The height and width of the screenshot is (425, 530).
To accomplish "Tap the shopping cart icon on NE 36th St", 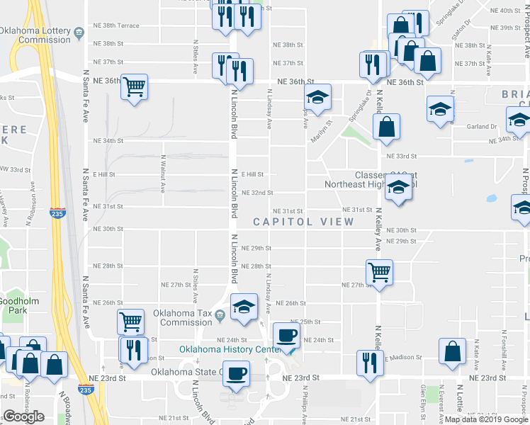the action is coord(134,87).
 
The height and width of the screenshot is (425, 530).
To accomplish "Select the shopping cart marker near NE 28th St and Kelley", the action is coord(380,271).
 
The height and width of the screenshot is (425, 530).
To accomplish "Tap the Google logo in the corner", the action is coord(23,416).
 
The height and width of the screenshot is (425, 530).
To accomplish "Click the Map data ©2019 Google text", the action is coord(487,419).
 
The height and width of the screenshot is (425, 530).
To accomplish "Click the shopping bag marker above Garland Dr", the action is coord(387,127).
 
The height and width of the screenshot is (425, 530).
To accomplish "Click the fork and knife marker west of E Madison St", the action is coord(368,361).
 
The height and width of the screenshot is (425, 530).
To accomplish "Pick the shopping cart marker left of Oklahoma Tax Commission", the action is coord(131,322).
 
